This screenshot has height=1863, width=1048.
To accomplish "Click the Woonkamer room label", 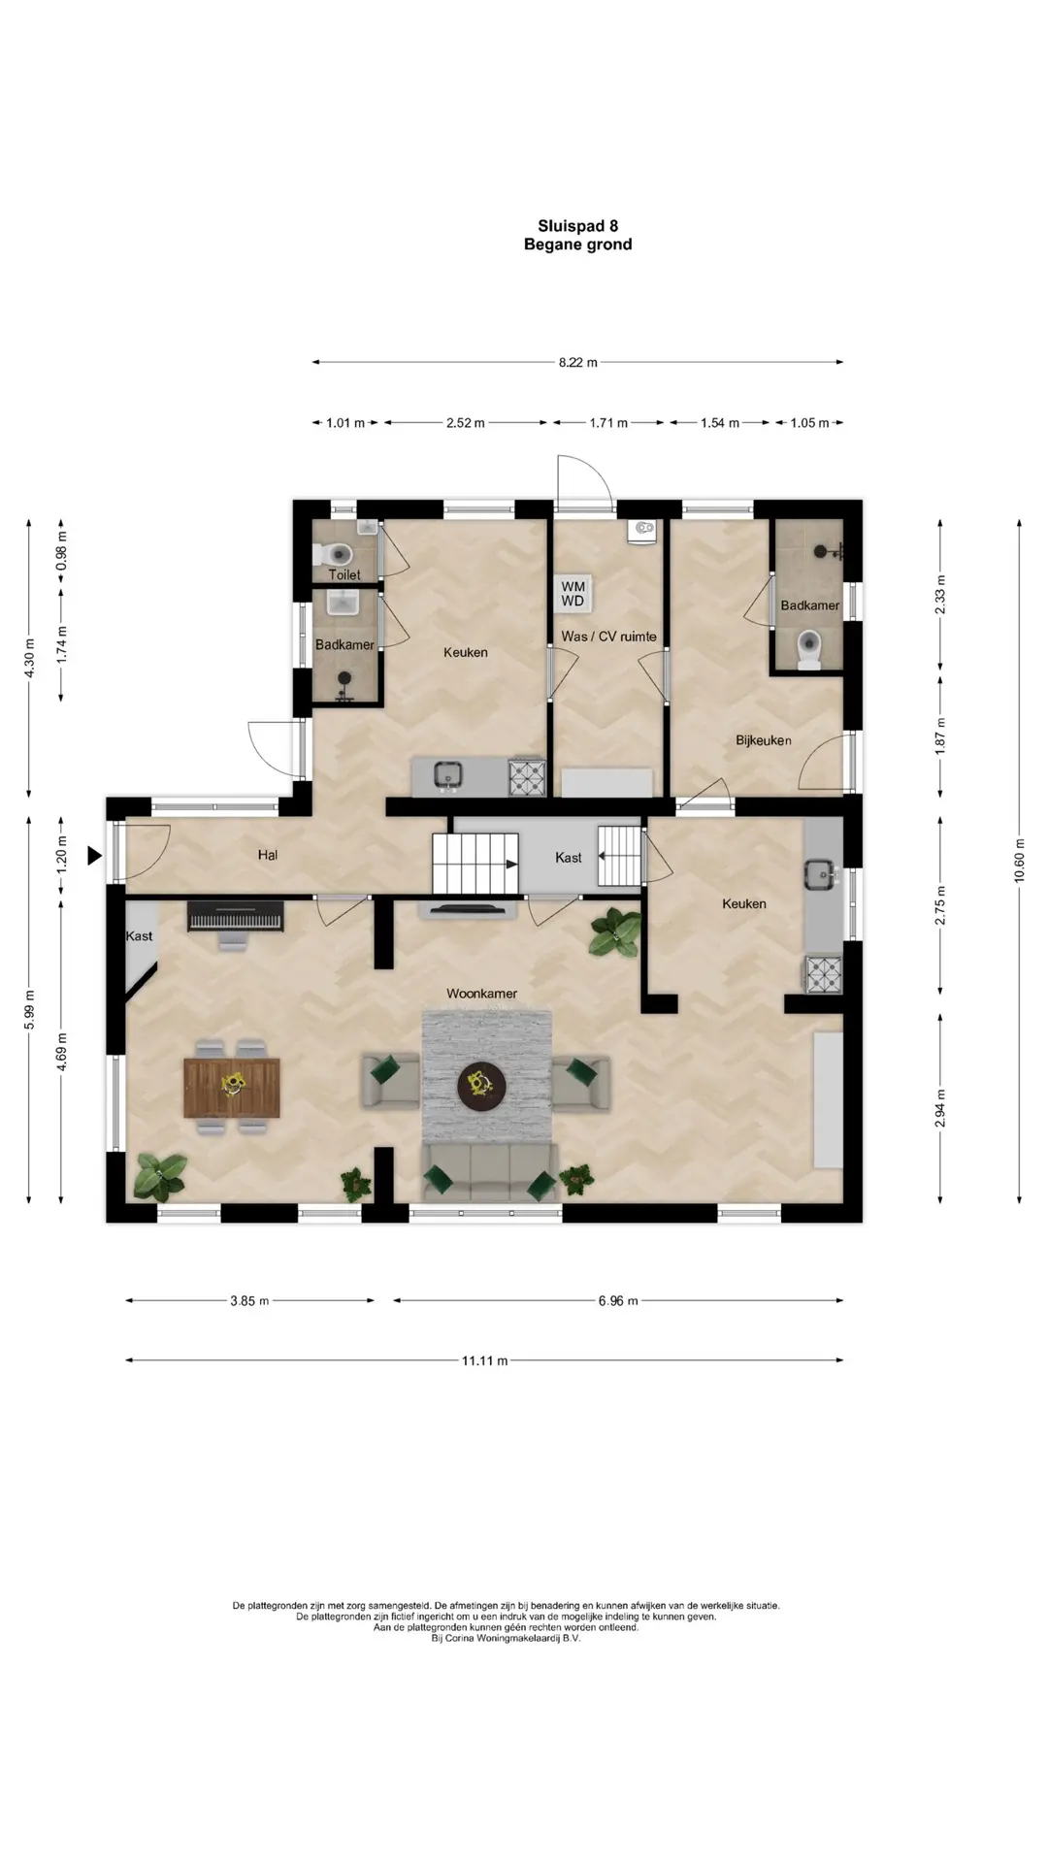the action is (x=481, y=994).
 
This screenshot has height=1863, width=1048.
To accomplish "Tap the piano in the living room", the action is (x=236, y=917).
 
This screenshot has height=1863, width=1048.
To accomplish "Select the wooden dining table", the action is (x=232, y=1088).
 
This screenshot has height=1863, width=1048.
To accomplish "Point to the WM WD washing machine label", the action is (x=573, y=594).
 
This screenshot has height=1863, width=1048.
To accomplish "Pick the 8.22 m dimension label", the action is (x=577, y=363).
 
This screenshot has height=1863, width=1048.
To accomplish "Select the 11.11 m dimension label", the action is (x=484, y=1360).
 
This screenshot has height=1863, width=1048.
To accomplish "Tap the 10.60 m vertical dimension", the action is (x=1019, y=862).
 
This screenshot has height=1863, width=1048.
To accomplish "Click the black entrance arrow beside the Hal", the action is (x=94, y=856).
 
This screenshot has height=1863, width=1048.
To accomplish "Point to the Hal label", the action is (x=268, y=855).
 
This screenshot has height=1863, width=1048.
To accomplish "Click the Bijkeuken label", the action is (x=763, y=740).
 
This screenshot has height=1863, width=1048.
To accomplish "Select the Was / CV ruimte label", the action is (x=608, y=637).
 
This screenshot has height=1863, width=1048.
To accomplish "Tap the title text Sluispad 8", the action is (x=577, y=226).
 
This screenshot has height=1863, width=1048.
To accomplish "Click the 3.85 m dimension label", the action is (x=249, y=1301).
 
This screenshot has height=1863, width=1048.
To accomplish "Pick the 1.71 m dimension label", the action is (x=608, y=423).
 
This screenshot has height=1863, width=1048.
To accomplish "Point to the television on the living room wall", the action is (x=468, y=910).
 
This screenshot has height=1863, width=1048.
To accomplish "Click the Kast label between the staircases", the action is (x=569, y=858).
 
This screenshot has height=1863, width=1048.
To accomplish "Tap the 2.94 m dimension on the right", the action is (x=939, y=1108).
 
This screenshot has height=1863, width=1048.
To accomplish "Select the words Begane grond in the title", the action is (x=577, y=245).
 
